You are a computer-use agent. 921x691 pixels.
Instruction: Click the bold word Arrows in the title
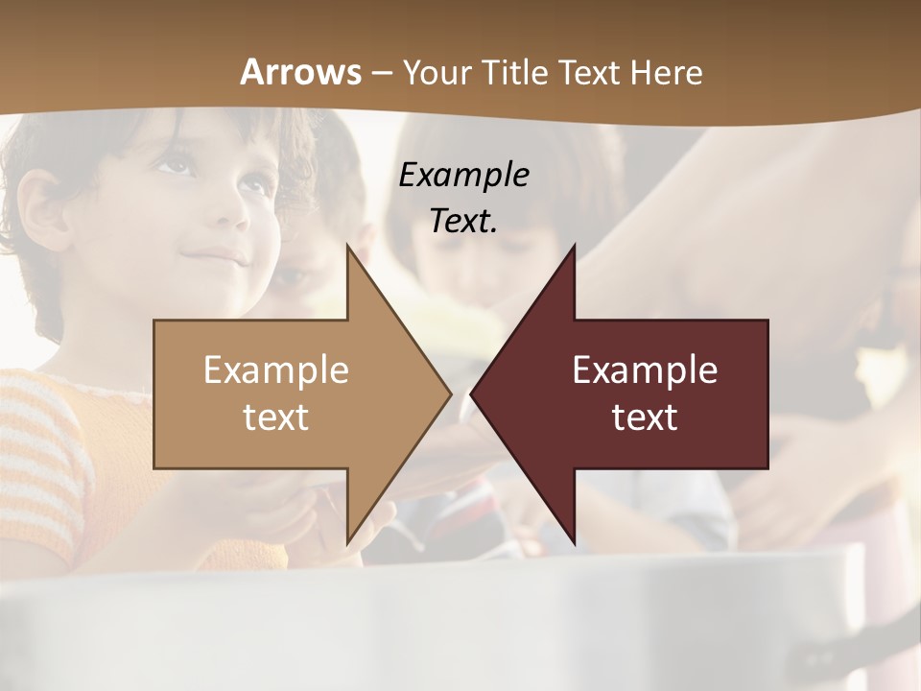[301, 72]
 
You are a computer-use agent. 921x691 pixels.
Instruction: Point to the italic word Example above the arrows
[463, 175]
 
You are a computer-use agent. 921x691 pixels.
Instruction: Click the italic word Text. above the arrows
[463, 221]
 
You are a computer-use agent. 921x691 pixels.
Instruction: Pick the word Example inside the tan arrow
[276, 369]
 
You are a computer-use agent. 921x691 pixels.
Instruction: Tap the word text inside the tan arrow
[276, 417]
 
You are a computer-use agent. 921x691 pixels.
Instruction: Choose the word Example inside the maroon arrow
[645, 369]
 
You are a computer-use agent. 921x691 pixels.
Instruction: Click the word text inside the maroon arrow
[645, 417]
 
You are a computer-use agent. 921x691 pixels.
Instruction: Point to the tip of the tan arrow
[450, 393]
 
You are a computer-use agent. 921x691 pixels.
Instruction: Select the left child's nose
[226, 221]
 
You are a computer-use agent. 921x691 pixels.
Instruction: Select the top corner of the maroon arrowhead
[574, 247]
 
